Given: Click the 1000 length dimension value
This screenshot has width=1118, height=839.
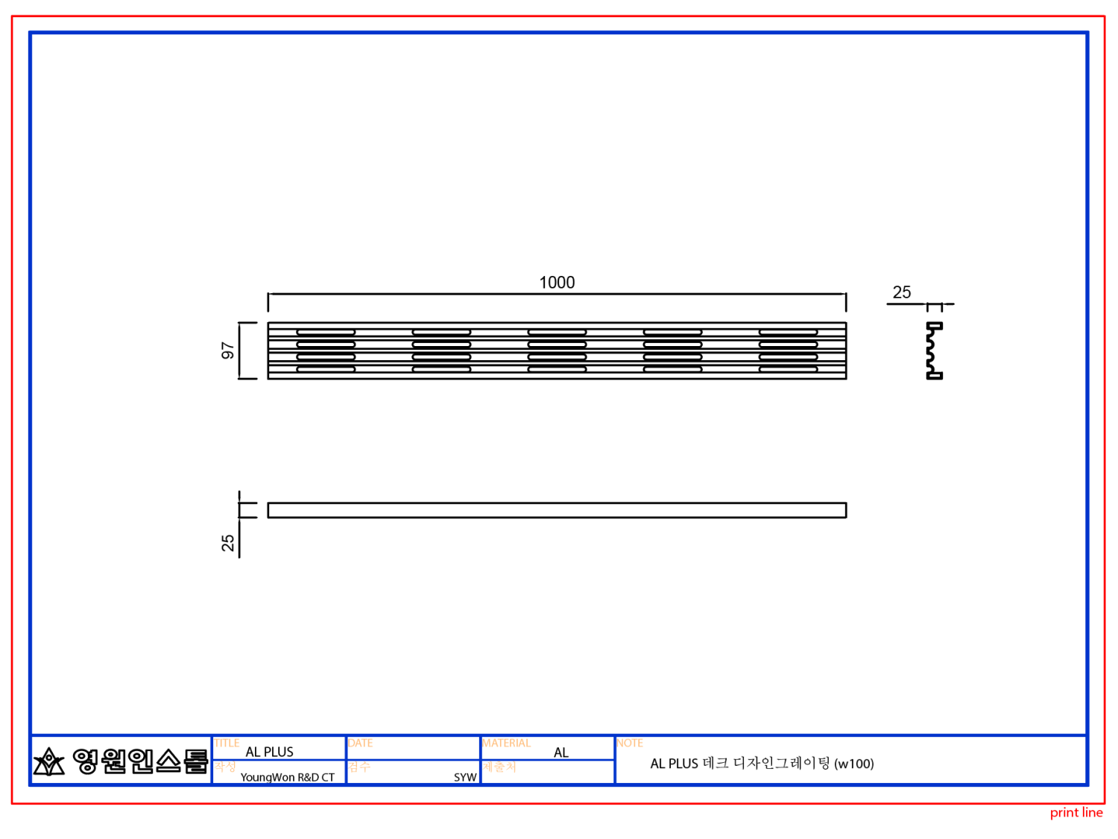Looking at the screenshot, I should [557, 283].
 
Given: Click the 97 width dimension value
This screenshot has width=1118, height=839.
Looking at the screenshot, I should [228, 351].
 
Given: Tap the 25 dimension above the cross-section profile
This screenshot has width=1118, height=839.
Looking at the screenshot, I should [902, 292].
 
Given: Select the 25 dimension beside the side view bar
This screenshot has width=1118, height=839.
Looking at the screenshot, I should [228, 543].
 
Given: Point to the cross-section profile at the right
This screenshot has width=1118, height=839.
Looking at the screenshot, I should [934, 351].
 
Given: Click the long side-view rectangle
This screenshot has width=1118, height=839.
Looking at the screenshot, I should [557, 510].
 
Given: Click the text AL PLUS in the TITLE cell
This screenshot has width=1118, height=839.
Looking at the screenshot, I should [270, 752].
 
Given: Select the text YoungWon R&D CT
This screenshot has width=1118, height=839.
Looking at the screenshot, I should [287, 777].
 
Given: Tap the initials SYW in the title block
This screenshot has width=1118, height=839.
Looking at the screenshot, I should [465, 777].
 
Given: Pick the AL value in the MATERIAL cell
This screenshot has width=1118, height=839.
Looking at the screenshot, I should [561, 752].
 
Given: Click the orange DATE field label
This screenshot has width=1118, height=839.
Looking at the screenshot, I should [360, 743].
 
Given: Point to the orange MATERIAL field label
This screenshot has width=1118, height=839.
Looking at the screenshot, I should [506, 743].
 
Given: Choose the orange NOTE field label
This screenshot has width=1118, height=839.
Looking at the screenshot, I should [630, 743].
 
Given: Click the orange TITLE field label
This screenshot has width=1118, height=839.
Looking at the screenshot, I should [227, 743].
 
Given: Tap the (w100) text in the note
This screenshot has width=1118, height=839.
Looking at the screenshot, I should [854, 764].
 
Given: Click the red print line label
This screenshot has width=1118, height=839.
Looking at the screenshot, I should [1076, 813].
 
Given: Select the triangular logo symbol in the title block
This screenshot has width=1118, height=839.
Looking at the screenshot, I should [49, 761].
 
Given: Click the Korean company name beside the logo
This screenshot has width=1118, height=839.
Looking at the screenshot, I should [140, 761].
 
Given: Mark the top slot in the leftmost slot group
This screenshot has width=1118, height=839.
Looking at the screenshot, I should [326, 332].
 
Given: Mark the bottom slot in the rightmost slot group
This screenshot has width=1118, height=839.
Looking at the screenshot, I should [788, 369].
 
